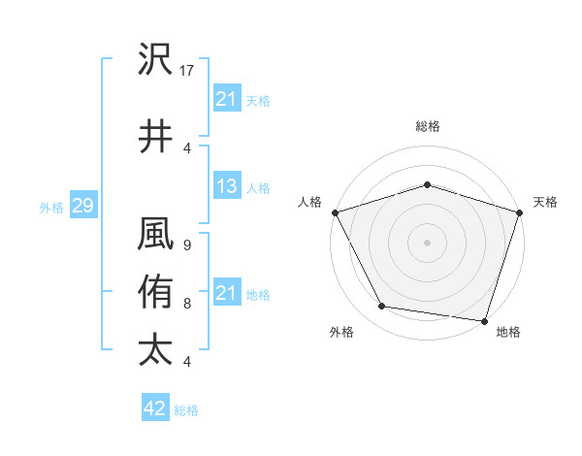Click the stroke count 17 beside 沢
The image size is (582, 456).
[x=187, y=71]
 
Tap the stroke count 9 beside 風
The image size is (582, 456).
[x=186, y=245]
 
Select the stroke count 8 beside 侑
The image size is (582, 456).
[x=186, y=304]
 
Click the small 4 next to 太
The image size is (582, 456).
[x=186, y=362]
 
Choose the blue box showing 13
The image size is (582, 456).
[x=226, y=187]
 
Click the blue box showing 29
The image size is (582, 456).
[x=82, y=206]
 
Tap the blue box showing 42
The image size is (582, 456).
[x=154, y=409]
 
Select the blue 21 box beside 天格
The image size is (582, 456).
[x=226, y=99]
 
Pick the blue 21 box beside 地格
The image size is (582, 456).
[x=226, y=293]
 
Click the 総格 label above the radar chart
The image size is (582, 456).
[x=427, y=126]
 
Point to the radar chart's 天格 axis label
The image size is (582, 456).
[x=545, y=202]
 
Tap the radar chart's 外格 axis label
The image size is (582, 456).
[x=341, y=332]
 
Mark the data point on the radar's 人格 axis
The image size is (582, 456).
[x=335, y=212]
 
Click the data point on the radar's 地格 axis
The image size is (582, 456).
[x=484, y=320]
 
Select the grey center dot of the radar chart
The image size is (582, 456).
[x=427, y=242]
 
